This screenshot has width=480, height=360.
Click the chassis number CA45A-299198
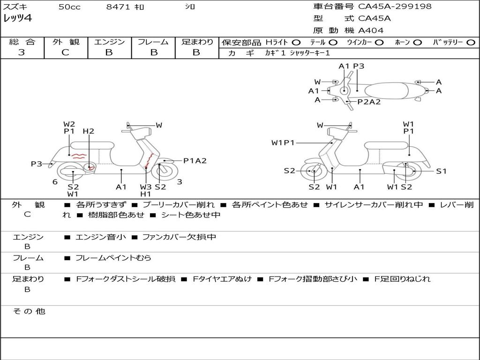395,6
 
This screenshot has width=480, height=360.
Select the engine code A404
371,30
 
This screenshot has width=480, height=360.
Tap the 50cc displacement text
69,7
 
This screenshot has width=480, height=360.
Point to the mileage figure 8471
118,7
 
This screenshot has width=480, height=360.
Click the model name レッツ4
17,18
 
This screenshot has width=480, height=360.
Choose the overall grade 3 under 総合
22,52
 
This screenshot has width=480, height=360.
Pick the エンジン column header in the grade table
109,42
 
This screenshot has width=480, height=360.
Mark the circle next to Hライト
296,43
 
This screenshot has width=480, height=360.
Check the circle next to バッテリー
471,43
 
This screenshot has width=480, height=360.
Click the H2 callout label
89,131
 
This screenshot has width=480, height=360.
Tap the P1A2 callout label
195,161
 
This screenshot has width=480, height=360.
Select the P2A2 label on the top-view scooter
369,102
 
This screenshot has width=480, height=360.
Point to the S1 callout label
441,172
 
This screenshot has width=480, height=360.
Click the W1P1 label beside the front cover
283,142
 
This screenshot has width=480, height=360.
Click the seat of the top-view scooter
386,91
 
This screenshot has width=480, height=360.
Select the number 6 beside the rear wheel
55,182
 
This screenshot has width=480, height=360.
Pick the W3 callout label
146,187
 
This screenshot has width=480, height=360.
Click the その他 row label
29,311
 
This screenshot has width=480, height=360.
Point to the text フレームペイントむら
113,258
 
